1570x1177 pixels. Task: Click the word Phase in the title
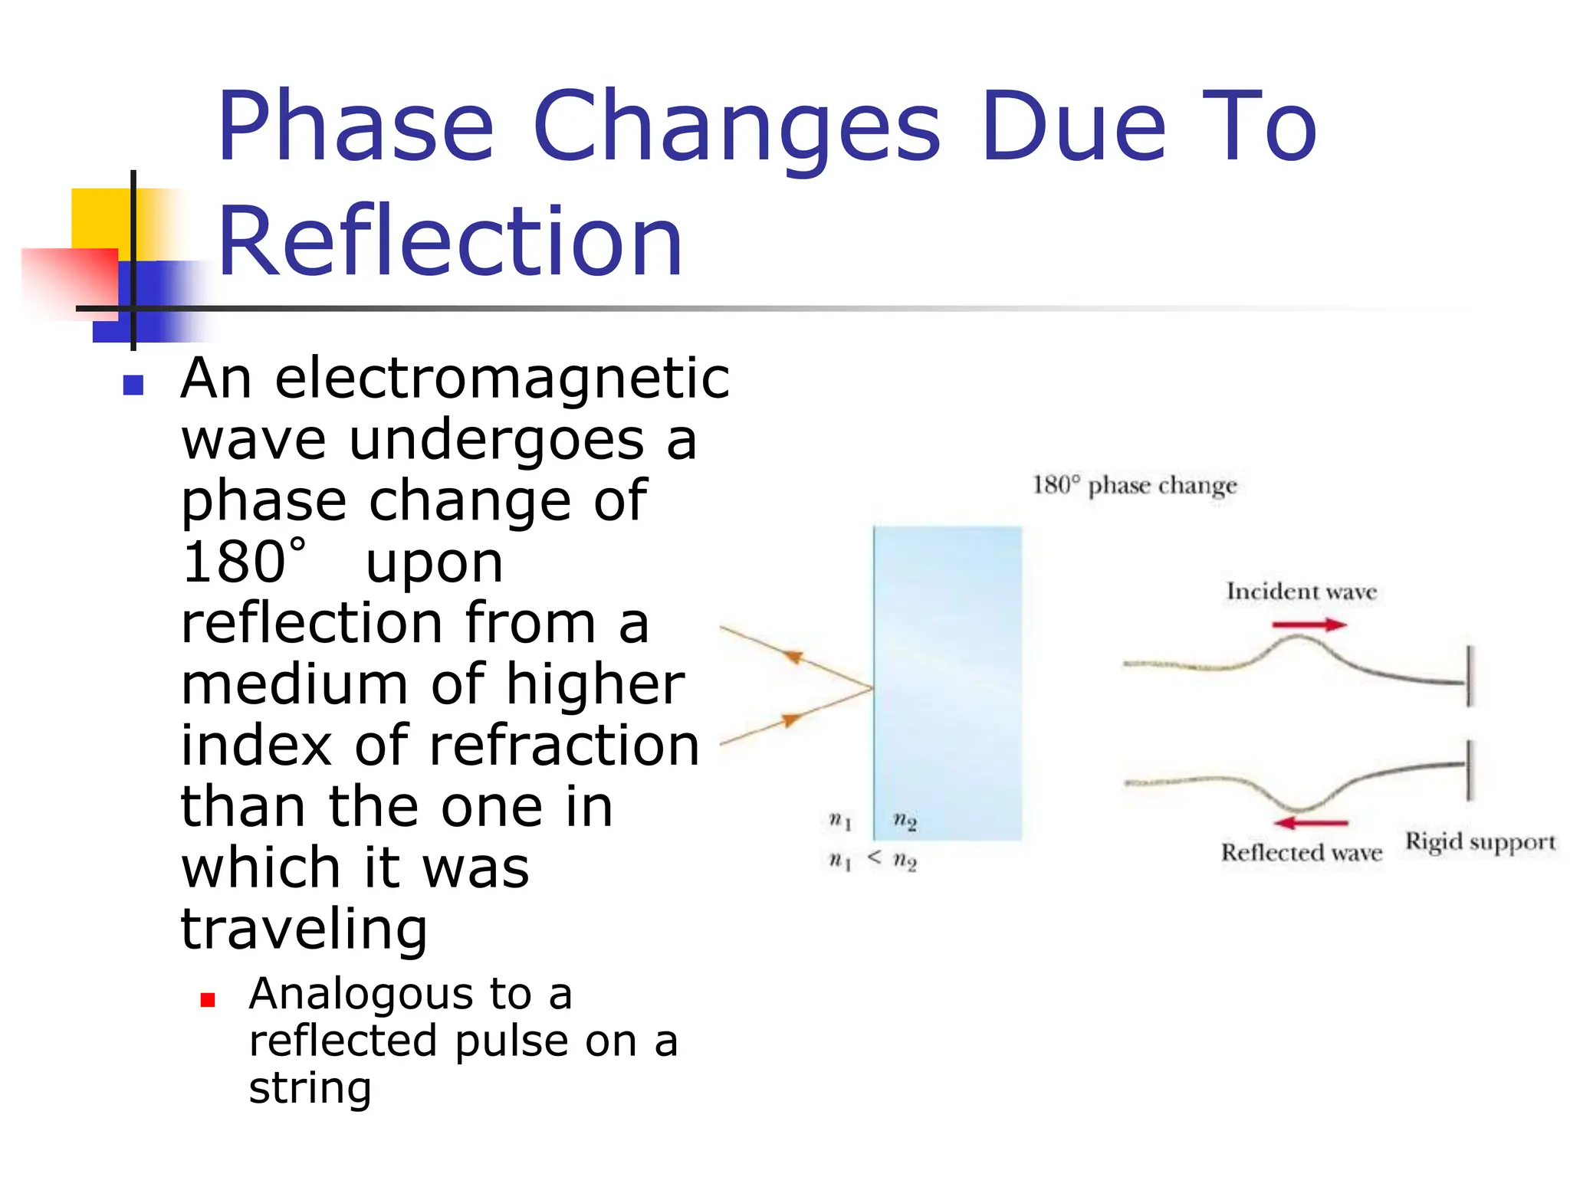click(356, 127)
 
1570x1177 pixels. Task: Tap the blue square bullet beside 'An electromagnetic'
click(133, 385)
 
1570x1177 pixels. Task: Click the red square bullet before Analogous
click(208, 1000)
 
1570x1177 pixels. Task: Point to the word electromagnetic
click(502, 379)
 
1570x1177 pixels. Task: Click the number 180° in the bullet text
click(244, 562)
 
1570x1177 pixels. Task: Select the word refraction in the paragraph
click(564, 746)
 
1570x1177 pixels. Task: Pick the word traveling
click(304, 929)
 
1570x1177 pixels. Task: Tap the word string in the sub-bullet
click(310, 1087)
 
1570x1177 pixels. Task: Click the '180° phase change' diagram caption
click(1135, 485)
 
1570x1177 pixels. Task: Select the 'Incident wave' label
click(1302, 592)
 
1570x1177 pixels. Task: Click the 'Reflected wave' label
click(1302, 853)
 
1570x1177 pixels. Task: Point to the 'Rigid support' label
click(1480, 841)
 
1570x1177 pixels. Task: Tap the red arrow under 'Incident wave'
click(1309, 625)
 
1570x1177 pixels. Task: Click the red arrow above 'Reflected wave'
click(1311, 823)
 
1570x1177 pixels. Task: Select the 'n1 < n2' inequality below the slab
click(873, 861)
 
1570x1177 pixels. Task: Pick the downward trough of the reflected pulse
click(1299, 806)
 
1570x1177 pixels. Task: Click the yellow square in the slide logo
click(100, 218)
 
